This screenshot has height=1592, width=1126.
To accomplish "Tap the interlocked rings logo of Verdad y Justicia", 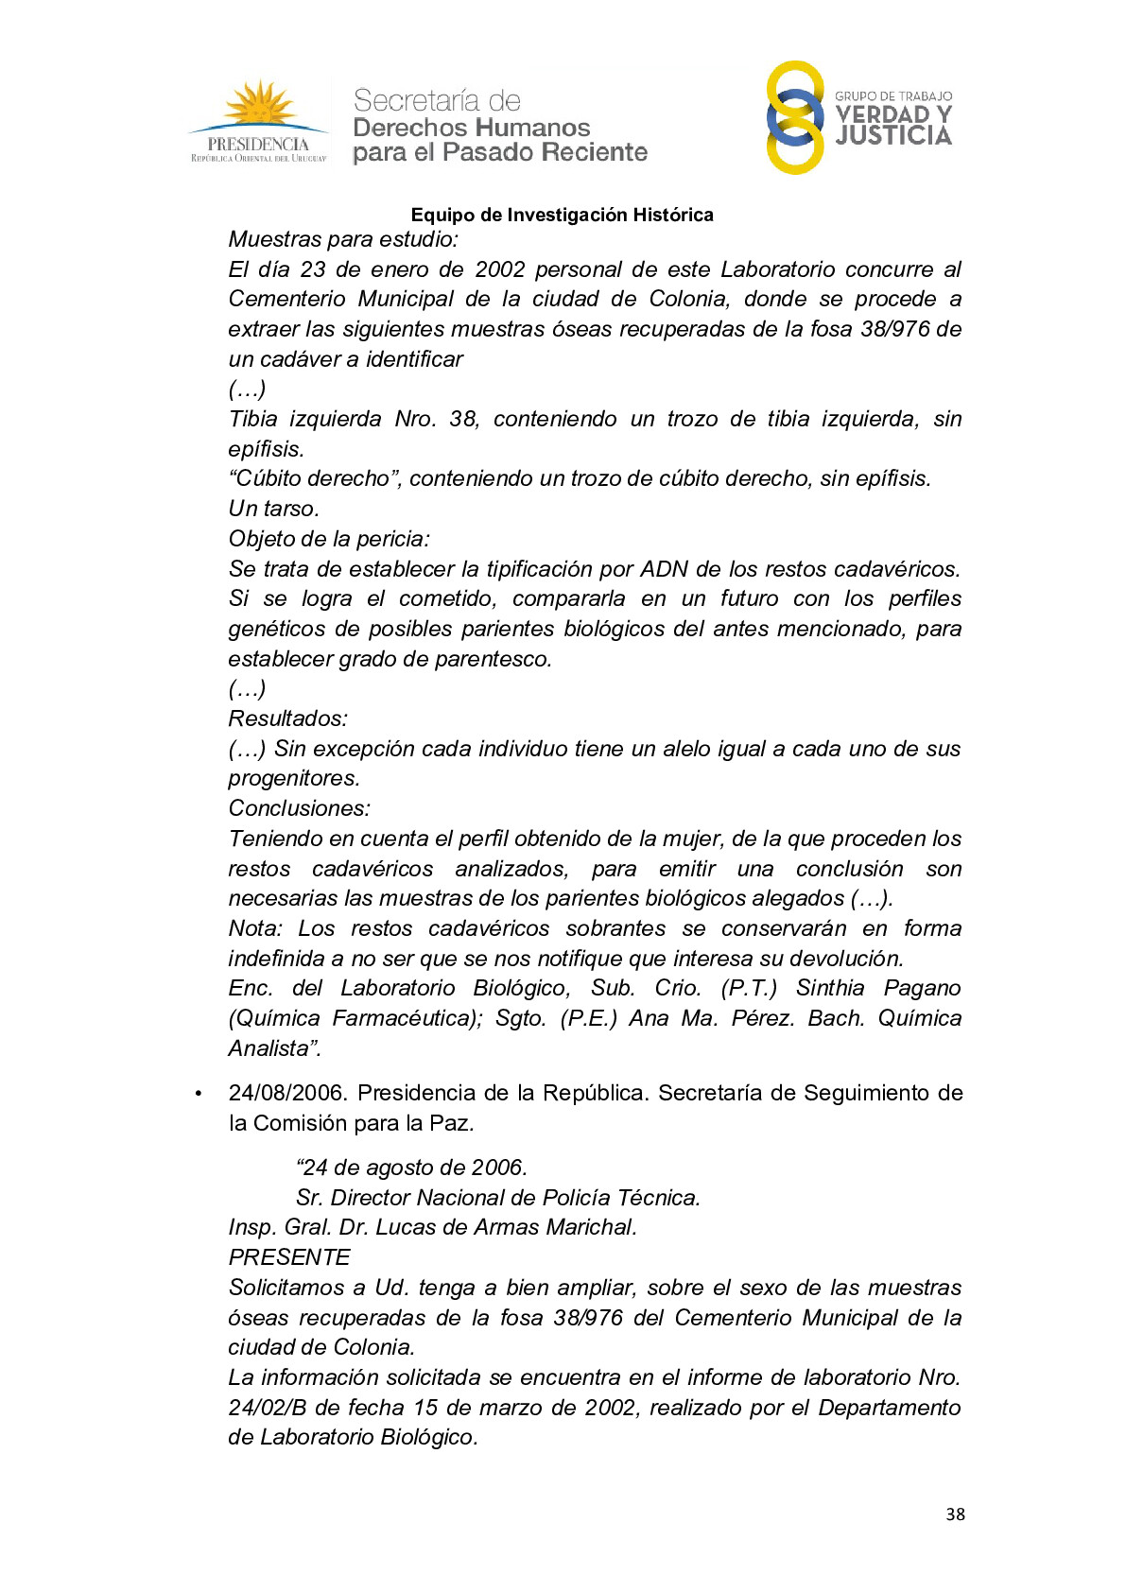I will pyautogui.click(x=794, y=117).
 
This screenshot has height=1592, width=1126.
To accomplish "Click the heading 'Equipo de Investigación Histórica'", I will pyautogui.click(x=562, y=215).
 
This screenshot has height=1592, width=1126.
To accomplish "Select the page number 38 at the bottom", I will pyautogui.click(x=955, y=1514).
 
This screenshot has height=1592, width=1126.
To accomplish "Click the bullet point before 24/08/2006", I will pyautogui.click(x=198, y=1094).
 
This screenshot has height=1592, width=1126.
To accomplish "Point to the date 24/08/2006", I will pyautogui.click(x=287, y=1093).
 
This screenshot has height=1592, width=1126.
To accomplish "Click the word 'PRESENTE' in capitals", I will pyautogui.click(x=289, y=1257).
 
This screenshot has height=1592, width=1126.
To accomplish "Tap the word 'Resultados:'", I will pyautogui.click(x=288, y=718).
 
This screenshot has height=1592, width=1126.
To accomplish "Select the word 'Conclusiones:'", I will pyautogui.click(x=299, y=808).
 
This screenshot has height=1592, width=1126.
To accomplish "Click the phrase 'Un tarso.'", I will pyautogui.click(x=274, y=509).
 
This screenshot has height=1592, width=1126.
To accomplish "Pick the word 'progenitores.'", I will pyautogui.click(x=294, y=778).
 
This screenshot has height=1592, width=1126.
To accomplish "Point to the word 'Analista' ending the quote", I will pyautogui.click(x=271, y=1048).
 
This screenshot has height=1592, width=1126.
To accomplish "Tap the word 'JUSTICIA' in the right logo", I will pyautogui.click(x=893, y=136).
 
